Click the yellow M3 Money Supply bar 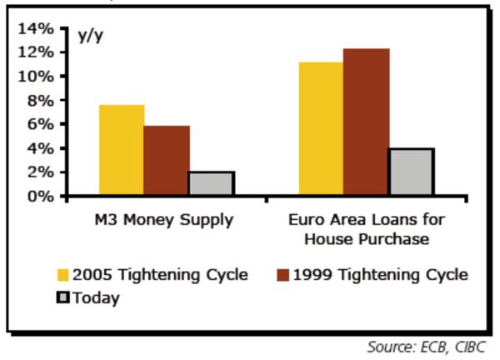point(122,149)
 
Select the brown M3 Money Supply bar point(167,160)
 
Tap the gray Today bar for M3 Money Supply point(212,183)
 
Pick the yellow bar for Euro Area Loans point(321,128)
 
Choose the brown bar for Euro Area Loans point(366,122)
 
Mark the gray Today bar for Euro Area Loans point(411,172)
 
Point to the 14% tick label point(36,28)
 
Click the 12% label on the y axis point(36,52)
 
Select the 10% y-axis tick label point(36,77)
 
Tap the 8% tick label point(41,101)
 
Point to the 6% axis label point(41,124)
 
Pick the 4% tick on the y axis point(41,148)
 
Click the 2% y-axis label point(41,172)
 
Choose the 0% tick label point(41,197)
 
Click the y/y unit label point(91,36)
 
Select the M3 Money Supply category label point(164,220)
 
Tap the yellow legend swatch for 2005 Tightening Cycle point(63,275)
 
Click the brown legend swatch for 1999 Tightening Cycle point(283,275)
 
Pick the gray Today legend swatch point(62,297)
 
